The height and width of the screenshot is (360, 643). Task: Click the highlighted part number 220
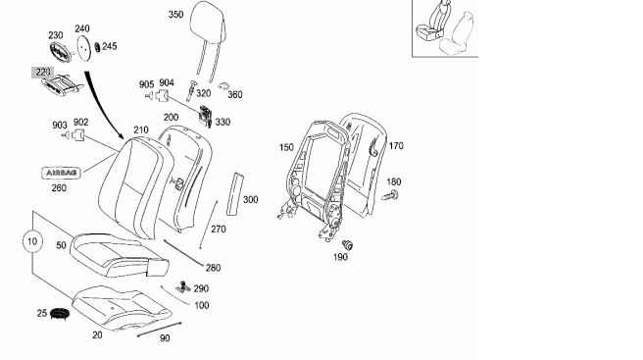point(43,73)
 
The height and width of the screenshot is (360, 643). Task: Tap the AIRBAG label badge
point(62,173)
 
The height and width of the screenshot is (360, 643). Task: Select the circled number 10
point(32,241)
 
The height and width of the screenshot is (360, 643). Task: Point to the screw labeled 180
point(390,195)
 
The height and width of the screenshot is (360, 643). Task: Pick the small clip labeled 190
point(348,244)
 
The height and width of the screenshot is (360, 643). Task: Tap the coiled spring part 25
point(60,314)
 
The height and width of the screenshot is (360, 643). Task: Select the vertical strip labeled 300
point(235,194)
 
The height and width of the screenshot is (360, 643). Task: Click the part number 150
point(286,147)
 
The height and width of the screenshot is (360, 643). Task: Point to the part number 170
point(396,146)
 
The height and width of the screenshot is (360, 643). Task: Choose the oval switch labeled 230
point(61,52)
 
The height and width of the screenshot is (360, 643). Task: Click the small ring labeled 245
point(97,47)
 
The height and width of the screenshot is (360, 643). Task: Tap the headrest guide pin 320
point(191,90)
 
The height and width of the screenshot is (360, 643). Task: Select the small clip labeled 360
point(223,86)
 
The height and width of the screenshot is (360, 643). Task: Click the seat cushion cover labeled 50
point(119,255)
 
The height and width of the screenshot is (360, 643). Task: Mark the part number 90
point(165,338)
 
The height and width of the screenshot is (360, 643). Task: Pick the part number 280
point(214,268)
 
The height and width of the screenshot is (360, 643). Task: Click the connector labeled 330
point(206,116)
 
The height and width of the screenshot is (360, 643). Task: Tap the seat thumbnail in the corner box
point(445,27)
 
